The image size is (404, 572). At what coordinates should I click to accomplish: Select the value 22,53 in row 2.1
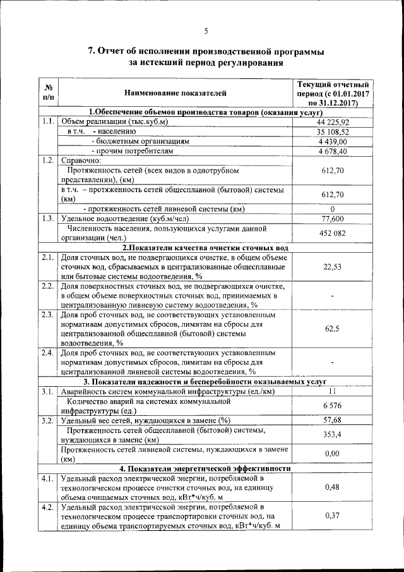click(x=333, y=267)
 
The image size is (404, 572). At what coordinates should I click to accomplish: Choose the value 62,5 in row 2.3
click(x=333, y=329)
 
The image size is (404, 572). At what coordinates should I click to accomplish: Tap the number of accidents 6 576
click(x=333, y=405)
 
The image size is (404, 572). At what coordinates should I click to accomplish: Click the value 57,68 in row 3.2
click(x=333, y=420)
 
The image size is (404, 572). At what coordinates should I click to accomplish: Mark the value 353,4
click(x=333, y=435)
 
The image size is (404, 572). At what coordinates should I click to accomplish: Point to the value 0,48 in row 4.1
click(x=333, y=487)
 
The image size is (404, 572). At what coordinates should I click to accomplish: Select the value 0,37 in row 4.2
click(x=333, y=516)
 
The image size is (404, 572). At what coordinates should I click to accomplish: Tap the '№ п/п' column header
click(x=48, y=94)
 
